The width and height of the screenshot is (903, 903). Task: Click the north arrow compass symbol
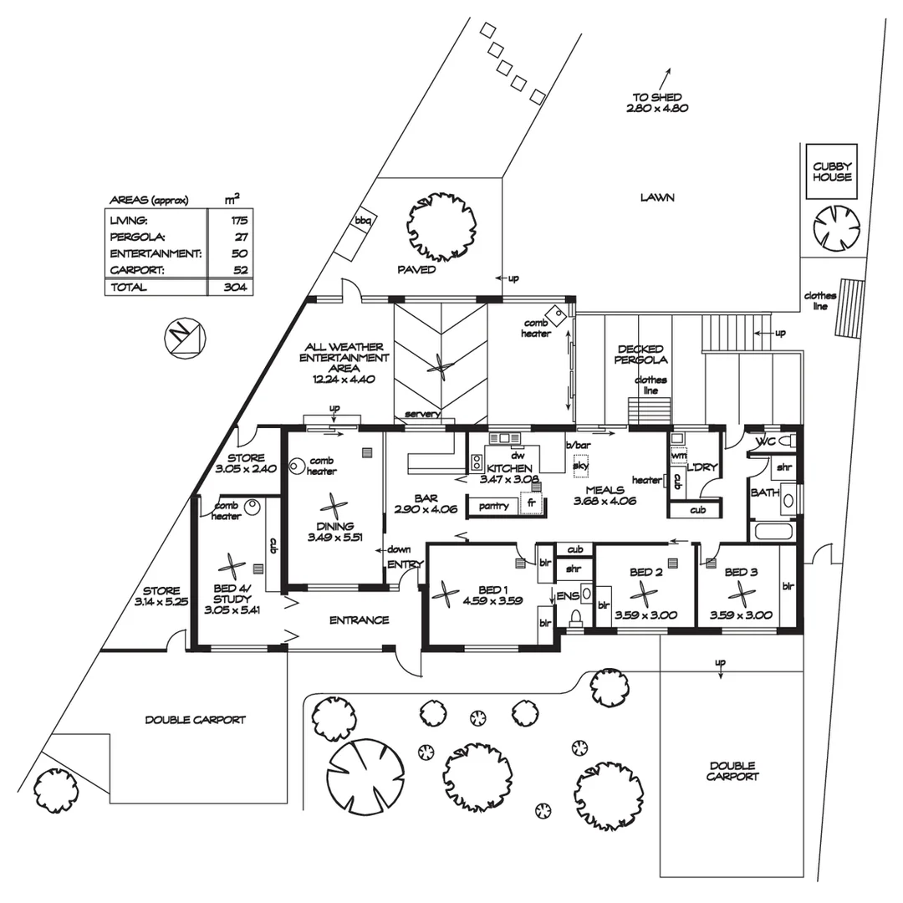point(183,337)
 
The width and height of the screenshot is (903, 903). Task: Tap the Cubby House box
point(832,172)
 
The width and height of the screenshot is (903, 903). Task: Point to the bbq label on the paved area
point(363,221)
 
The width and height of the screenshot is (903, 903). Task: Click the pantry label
point(493,505)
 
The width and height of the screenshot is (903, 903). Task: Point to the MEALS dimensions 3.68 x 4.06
point(605,502)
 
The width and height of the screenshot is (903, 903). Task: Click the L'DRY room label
point(701,467)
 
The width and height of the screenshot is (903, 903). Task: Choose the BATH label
point(764,492)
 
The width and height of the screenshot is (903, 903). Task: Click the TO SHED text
point(657,97)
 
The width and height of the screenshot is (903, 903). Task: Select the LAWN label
point(657,198)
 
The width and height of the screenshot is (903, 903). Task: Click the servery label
point(422,414)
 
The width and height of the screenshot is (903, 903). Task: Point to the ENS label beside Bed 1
point(568,595)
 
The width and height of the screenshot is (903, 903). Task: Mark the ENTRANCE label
point(359,620)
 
